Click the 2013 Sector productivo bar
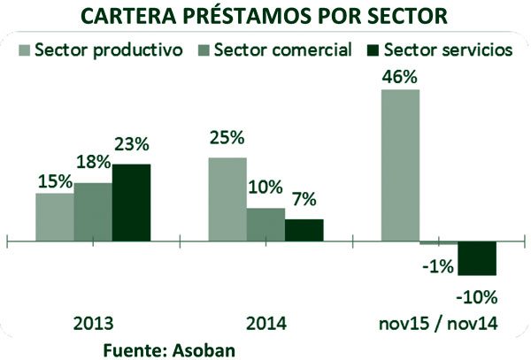point(55,217)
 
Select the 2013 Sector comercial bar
point(93,211)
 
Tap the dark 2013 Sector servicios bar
point(131,203)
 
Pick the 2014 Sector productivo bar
point(227,199)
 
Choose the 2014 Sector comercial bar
point(265,225)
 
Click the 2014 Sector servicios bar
point(304,230)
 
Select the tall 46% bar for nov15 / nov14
point(400,165)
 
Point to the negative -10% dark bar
point(477,258)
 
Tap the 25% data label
point(227,139)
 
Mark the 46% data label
point(399,76)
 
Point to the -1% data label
point(438,264)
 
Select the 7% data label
point(304,201)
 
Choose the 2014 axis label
point(266,324)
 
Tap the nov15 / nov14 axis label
point(439,324)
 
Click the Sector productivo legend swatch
point(24,50)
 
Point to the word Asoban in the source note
point(206,349)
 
